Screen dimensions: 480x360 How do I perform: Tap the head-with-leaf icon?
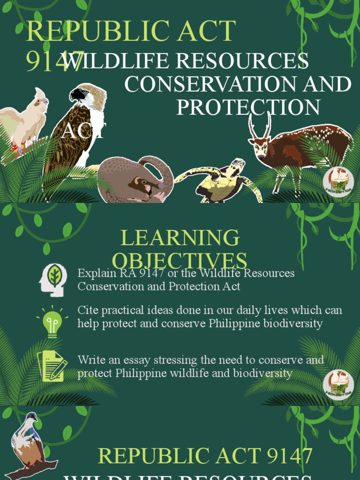click(53, 280)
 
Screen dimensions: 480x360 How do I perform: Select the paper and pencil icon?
click(52, 366)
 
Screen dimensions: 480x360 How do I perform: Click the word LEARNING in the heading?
click(180, 239)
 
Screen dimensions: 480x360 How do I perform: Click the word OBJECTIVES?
click(180, 261)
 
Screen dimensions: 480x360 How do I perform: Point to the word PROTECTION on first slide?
click(248, 107)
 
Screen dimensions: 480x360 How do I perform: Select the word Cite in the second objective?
click(87, 310)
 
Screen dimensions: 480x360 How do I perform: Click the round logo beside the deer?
click(338, 181)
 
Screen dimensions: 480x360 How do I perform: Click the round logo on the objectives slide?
click(338, 384)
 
